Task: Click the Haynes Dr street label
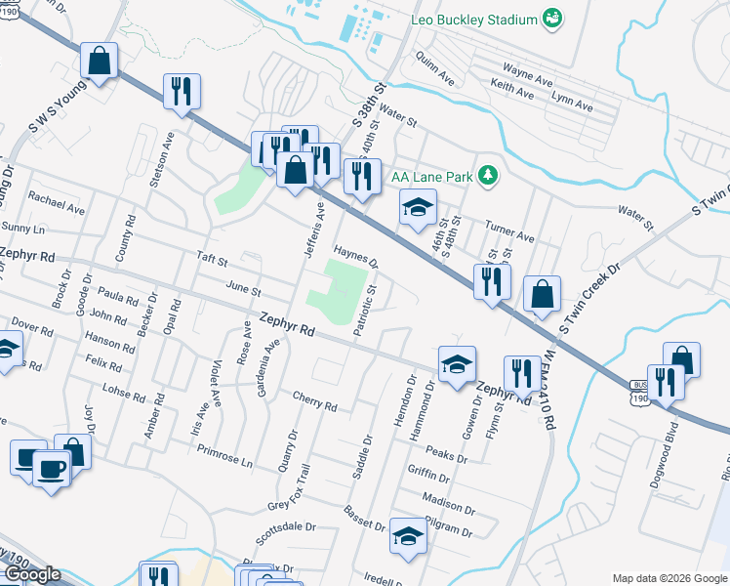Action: coord(356,256)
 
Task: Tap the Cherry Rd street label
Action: coord(314,401)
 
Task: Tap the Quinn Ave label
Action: coord(434,67)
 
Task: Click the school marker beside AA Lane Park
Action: coord(418,206)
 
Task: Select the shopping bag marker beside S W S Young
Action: coord(100,62)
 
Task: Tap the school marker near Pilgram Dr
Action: coord(408,535)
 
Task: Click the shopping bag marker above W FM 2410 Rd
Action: coord(542,294)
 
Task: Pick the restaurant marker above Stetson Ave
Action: coord(182,92)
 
